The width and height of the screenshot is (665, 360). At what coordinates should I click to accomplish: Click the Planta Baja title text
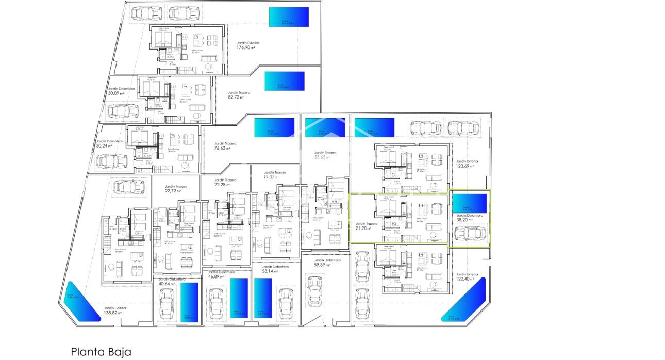tap(101, 352)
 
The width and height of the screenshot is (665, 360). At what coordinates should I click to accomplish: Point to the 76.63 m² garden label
tap(225, 146)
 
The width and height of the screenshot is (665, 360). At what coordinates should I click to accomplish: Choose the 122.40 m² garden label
tap(467, 276)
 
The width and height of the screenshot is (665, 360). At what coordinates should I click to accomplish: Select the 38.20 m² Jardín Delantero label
tap(469, 217)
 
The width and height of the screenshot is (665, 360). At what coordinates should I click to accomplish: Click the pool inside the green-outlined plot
tap(469, 203)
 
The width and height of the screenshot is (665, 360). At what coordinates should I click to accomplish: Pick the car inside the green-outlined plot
tap(470, 234)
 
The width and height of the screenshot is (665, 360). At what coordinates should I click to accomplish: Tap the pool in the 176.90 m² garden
tap(289, 17)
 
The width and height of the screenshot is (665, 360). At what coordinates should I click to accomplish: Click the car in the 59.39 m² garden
tap(314, 291)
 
